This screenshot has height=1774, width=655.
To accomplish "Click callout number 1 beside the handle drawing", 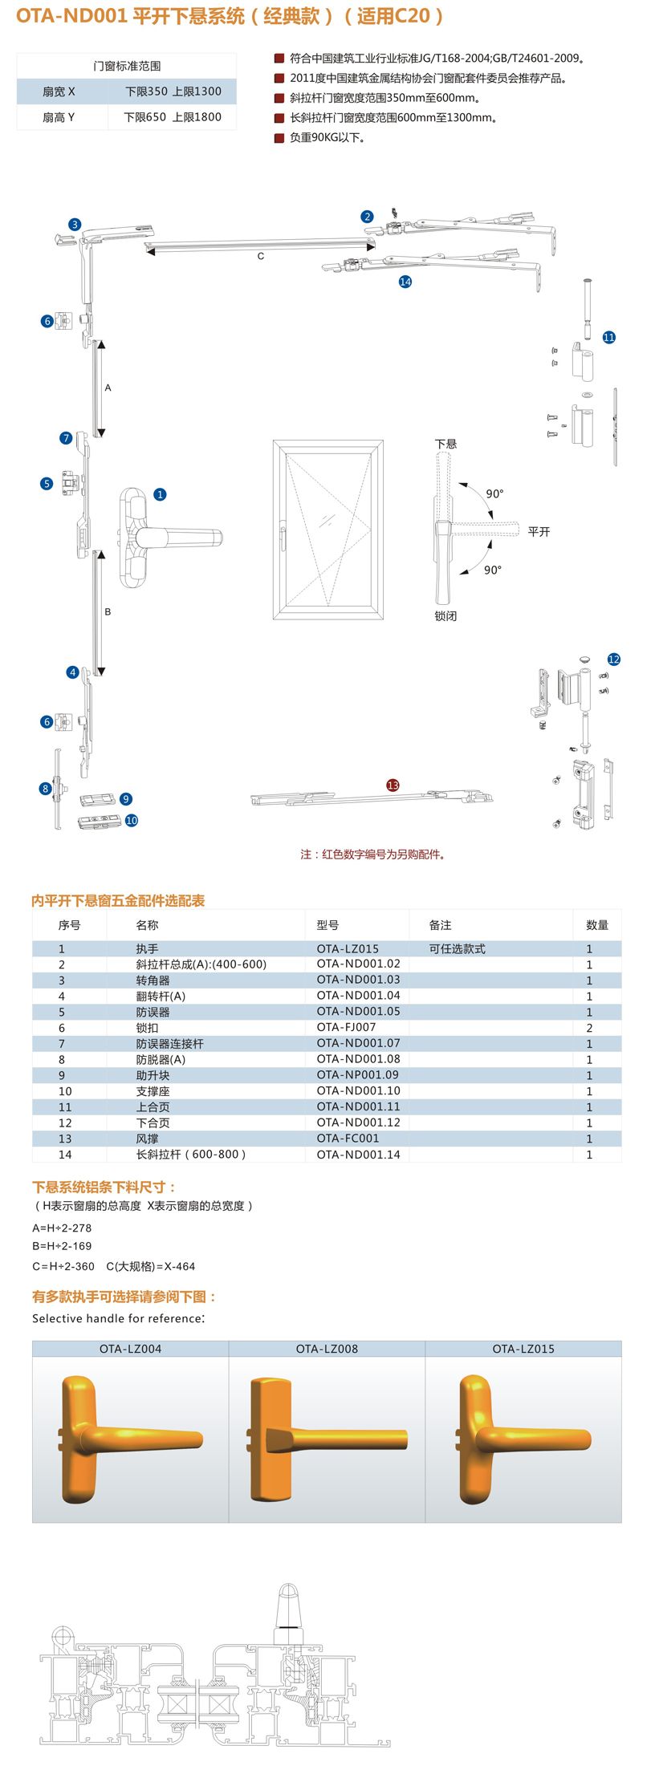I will pos(160,494).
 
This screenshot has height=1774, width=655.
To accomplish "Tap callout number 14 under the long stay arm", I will pos(405,282).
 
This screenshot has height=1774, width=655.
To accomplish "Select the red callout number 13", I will pos(393,785).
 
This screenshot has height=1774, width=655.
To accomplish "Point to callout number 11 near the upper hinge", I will pos(608,337).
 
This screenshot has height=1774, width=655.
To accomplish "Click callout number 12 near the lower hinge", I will pos(614,659).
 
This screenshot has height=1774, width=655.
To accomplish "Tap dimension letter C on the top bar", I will pos(260,256).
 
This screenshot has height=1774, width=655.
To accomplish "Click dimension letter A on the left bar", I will pos(108,388).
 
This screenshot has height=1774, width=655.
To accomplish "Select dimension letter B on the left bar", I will pos(108,611).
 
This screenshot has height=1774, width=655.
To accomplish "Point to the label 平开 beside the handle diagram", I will pos(539,532).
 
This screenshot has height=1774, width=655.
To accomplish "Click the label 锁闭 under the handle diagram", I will pos(445,616).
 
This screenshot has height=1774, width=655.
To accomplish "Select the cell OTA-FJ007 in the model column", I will pos(346,1027).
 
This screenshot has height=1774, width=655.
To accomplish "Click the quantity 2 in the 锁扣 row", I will pos(589,1028).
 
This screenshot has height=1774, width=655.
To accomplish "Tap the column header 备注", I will pos(440,925).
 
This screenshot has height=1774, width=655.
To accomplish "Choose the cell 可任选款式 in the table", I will pos(457,948).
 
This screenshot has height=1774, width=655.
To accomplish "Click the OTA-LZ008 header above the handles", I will pos(327,1349).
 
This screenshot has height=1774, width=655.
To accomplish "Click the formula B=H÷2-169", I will pos(62,1246).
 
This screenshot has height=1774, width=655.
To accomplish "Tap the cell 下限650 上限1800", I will pos(172,117).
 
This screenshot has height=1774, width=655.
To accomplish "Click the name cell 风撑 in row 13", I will pos(146,1139).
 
